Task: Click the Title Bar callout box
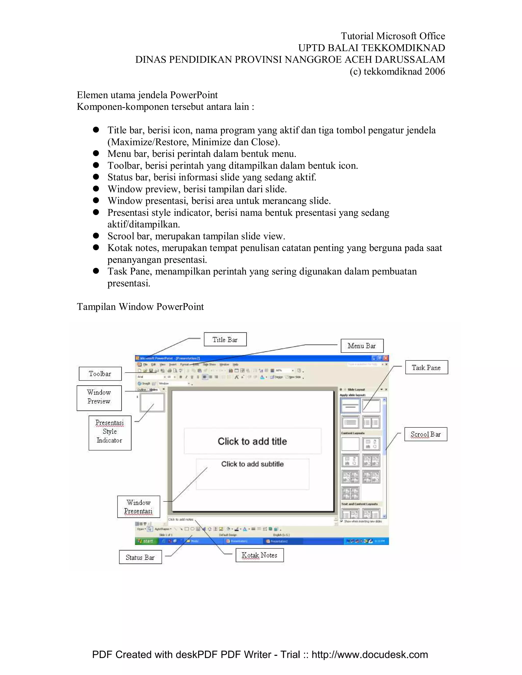[225, 339]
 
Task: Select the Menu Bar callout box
[362, 346]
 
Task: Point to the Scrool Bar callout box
[425, 434]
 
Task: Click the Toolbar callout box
[100, 374]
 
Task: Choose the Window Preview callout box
[99, 398]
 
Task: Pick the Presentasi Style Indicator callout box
[110, 433]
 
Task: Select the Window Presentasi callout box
[139, 507]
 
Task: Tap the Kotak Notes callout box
[259, 555]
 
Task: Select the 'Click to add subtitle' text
[252, 464]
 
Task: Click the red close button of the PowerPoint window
[386, 358]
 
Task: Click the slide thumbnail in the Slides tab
[152, 403]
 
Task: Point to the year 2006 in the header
[435, 71]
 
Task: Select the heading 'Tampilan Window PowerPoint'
[140, 307]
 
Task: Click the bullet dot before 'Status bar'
[96, 177]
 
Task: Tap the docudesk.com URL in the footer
[370, 655]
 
